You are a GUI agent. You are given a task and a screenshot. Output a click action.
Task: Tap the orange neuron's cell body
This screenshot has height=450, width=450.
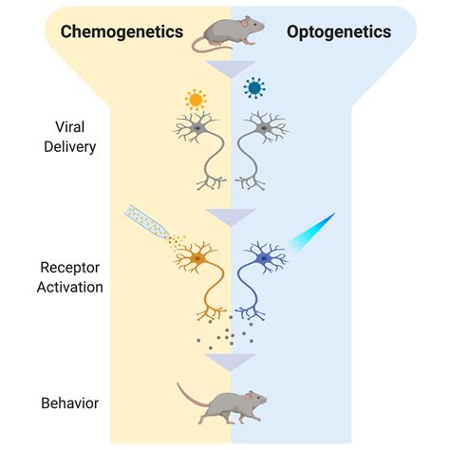click(x=198, y=258)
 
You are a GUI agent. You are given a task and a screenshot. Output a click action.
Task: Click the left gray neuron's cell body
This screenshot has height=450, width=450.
click(x=196, y=126)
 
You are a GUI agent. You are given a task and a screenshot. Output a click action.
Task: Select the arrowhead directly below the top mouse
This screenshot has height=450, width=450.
click(x=231, y=68)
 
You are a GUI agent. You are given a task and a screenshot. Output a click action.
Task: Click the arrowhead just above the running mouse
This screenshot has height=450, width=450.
click(x=231, y=363)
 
